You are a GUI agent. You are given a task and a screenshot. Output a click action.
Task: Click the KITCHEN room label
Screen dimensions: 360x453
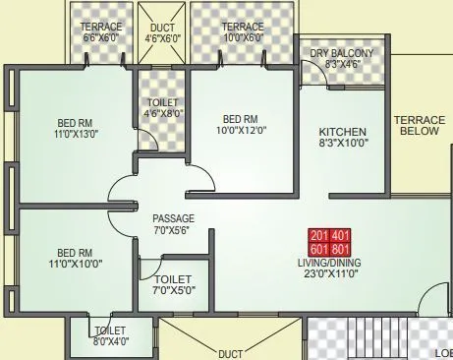tap(343, 131)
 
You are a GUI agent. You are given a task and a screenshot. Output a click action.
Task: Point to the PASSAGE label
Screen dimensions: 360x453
tap(173, 218)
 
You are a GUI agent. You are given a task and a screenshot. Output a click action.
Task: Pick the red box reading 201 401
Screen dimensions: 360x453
tap(329, 236)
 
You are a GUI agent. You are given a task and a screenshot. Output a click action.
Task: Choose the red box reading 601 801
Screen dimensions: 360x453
tap(329, 250)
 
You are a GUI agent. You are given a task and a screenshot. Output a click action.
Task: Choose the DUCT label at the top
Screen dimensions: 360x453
tap(163, 27)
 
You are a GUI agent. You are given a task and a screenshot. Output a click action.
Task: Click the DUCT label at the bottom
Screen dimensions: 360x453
tap(230, 353)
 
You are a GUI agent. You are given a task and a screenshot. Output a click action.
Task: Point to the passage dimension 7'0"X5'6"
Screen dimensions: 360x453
tap(173, 231)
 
